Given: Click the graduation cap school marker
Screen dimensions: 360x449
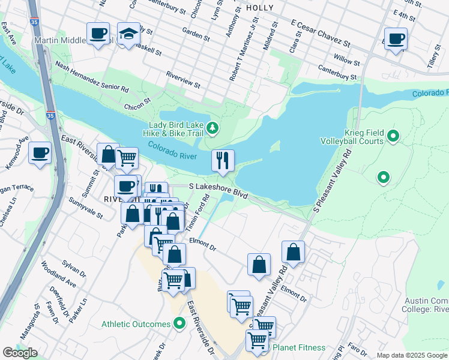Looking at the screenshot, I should point(128,35).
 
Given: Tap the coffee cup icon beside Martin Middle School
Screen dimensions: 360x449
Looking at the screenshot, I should point(98,34).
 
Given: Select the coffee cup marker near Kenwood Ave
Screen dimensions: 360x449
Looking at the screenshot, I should point(40,153).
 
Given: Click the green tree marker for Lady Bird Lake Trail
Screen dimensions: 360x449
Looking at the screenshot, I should point(212,127).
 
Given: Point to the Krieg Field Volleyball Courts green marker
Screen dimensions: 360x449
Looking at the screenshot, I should point(393,137).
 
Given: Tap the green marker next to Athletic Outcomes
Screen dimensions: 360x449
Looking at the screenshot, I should point(179,325).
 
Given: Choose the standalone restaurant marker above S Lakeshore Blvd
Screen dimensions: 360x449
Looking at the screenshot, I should point(222,161).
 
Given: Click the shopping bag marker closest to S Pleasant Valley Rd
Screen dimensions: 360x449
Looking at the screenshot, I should point(293,253).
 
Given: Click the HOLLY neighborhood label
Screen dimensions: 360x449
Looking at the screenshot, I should point(259,8).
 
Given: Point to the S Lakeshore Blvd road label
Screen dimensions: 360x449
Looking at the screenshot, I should point(218,191).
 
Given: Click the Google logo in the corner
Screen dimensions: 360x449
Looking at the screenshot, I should point(20,353).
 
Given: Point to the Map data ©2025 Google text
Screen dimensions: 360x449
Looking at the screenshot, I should point(412,355).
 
